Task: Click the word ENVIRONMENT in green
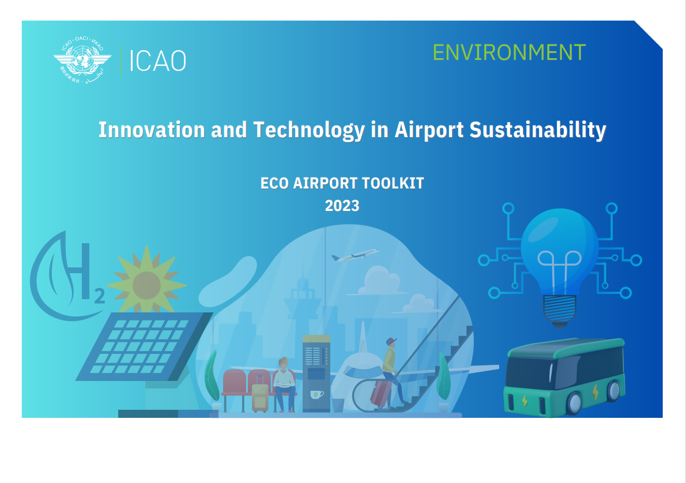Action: [x=509, y=52]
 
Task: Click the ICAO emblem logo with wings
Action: [x=82, y=59]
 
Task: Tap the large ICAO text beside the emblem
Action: [x=158, y=61]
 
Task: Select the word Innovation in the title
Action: [x=152, y=130]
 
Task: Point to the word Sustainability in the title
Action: [x=538, y=130]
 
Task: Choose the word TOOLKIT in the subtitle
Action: [x=393, y=183]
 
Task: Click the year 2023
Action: [x=342, y=206]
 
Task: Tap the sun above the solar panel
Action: [x=146, y=284]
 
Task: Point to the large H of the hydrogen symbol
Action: [x=79, y=271]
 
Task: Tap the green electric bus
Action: [x=565, y=377]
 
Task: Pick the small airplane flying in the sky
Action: [x=355, y=255]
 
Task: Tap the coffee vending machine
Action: [x=316, y=373]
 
